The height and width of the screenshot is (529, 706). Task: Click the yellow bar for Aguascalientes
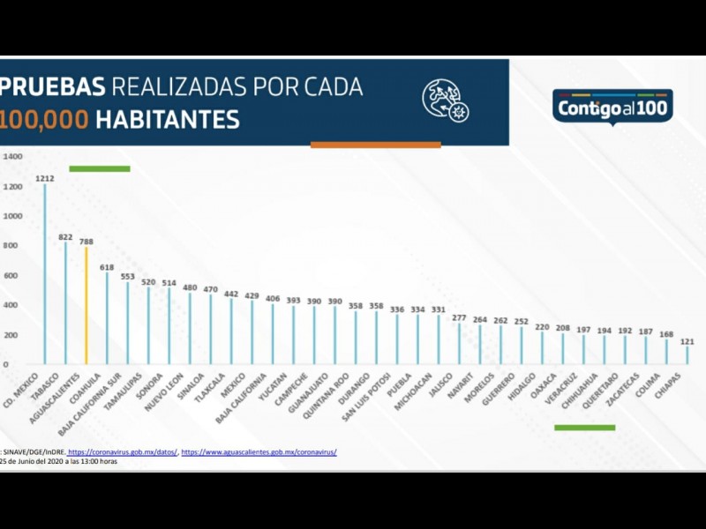[86, 304]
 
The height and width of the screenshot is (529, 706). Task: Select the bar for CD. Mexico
[45, 273]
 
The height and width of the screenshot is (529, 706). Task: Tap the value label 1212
[45, 178]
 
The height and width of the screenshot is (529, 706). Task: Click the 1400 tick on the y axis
[12, 157]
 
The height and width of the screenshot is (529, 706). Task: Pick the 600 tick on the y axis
[12, 276]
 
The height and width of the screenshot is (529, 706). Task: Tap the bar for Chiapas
[687, 354]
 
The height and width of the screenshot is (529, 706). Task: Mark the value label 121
[687, 340]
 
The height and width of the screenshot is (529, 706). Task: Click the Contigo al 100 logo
[612, 107]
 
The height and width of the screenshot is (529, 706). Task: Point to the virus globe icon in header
[445, 100]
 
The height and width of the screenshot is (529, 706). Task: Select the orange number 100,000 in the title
[45, 119]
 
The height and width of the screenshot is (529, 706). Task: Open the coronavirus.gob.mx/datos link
[122, 452]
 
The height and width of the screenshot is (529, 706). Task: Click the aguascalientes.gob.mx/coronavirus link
[259, 452]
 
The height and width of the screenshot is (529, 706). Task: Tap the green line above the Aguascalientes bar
[100, 168]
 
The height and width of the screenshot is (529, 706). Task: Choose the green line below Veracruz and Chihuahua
[584, 428]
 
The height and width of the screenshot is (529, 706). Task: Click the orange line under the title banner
[375, 145]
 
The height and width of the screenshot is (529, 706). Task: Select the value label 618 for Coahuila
[107, 267]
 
